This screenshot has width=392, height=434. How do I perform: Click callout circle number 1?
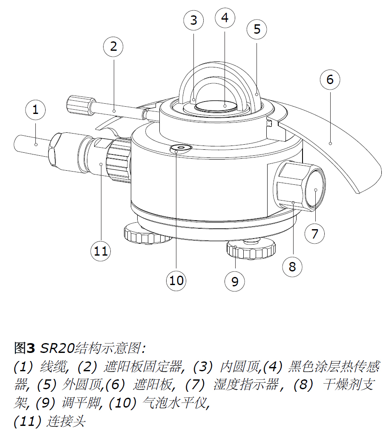[35, 110]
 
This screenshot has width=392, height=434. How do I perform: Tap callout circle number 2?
[113, 47]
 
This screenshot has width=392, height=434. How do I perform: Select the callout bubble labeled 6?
[330, 79]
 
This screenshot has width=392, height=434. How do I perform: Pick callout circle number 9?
[235, 281]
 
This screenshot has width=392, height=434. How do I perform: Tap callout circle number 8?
[292, 267]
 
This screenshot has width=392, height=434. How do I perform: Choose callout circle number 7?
[315, 233]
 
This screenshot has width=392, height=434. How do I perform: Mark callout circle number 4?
[225, 17]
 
